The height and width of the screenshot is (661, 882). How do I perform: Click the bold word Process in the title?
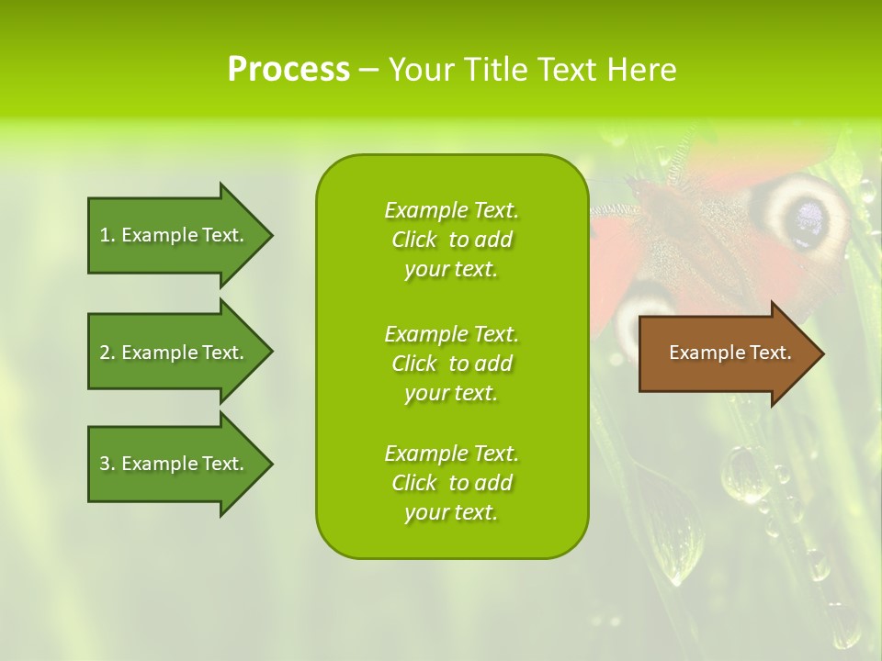pos(288,70)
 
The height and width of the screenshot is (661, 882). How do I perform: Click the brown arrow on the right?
pos(726,353)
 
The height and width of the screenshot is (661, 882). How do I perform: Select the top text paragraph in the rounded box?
pos(451,240)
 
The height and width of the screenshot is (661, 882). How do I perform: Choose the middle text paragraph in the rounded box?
pos(451,364)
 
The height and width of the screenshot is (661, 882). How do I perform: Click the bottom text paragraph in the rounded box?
pos(451,483)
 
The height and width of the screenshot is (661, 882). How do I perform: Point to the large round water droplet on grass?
pos(744,474)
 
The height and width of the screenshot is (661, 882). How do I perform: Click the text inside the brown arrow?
pos(729,353)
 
